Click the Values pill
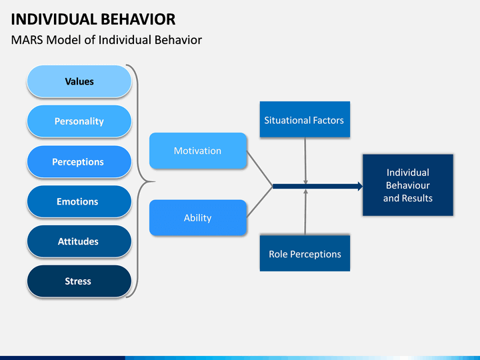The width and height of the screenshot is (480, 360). click(79, 81)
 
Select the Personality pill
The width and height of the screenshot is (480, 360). click(79, 121)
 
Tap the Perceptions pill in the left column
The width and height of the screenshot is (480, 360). click(79, 161)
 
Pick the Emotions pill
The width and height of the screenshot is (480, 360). click(79, 201)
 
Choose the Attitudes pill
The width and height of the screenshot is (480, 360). click(79, 241)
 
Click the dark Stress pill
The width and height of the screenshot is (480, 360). click(79, 281)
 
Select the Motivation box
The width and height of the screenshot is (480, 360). click(198, 151)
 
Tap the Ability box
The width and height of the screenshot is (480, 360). click(198, 217)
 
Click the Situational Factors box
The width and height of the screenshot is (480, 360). click(305, 119)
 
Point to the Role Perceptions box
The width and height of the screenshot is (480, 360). click(305, 253)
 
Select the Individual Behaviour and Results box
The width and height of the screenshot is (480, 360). click(408, 185)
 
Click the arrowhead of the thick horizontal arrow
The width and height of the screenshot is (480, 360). click(360, 186)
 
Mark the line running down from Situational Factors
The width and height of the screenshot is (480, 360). click(305, 161)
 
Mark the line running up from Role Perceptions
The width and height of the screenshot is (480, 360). click(305, 212)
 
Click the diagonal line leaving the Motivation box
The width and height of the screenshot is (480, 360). click(259, 169)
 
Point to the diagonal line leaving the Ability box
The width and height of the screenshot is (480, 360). click(259, 202)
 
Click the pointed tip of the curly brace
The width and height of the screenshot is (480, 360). click(154, 181)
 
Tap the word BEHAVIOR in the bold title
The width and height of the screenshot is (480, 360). click(138, 19)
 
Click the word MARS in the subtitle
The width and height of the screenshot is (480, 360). click(27, 40)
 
